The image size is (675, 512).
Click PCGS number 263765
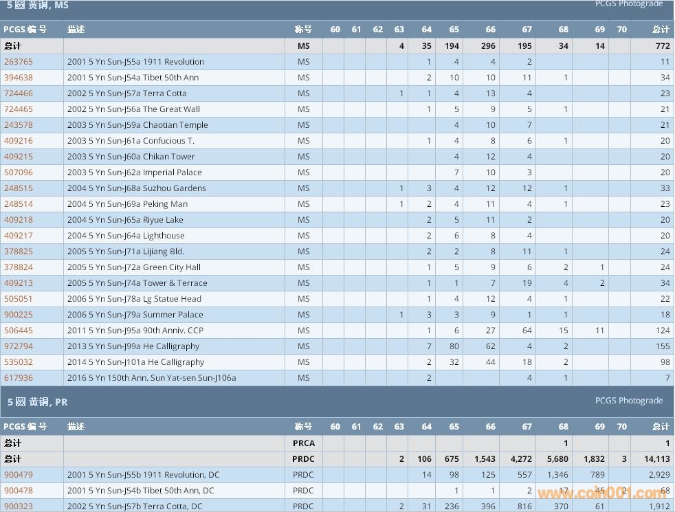pyautogui.click(x=18, y=62)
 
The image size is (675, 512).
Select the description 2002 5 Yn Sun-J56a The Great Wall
pyautogui.click(x=133, y=109)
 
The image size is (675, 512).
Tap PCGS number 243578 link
pyautogui.click(x=18, y=125)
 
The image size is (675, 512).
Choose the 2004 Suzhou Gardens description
pyautogui.click(x=136, y=188)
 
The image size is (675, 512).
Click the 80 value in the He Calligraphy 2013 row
pyautogui.click(x=454, y=346)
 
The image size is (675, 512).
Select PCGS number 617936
pyautogui.click(x=18, y=378)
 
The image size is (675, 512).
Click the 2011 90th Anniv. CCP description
pyautogui.click(x=135, y=331)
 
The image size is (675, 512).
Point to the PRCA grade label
pyautogui.click(x=303, y=443)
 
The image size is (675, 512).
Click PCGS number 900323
pyautogui.click(x=18, y=507)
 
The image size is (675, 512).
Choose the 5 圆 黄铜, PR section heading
pyautogui.click(x=37, y=402)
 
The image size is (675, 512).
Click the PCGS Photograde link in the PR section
pyautogui.click(x=628, y=401)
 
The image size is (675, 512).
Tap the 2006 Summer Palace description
pyautogui.click(x=135, y=315)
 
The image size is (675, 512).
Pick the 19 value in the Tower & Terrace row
pyautogui.click(x=527, y=283)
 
